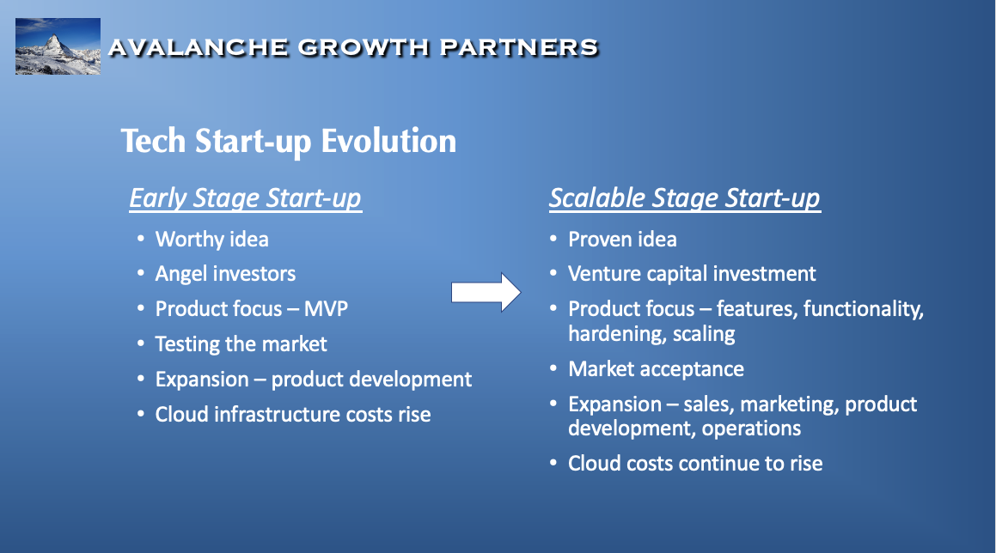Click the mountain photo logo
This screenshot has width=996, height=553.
coord(58,46)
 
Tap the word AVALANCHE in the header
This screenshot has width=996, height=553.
coord(198,47)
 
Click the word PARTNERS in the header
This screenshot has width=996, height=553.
coord(519,47)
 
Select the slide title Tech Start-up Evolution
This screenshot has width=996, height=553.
coord(289,141)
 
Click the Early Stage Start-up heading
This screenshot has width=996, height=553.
coord(245,198)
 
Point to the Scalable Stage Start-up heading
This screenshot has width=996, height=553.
coord(685,198)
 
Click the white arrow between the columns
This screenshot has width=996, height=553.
coord(486,293)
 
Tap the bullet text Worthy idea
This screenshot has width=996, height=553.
coord(211,240)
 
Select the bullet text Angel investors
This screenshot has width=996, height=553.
coord(225,274)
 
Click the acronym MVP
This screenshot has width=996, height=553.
coord(326,308)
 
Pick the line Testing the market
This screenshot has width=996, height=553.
coord(241,344)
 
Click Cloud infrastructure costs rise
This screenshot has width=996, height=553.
coord(293,415)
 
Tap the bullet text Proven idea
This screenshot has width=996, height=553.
coord(622,240)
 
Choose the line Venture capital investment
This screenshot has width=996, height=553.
coord(692,274)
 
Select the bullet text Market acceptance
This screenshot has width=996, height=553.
coord(656,369)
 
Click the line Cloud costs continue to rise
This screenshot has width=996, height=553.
coord(695,464)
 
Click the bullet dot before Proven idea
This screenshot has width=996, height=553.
coord(553,239)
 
